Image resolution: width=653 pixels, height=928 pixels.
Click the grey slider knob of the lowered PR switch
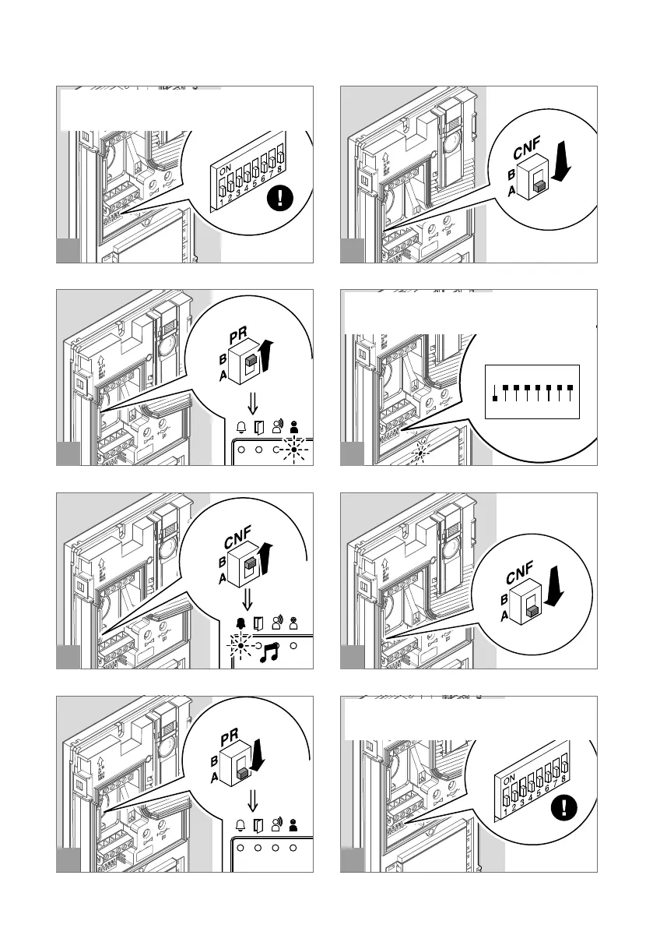coord(244,774)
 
